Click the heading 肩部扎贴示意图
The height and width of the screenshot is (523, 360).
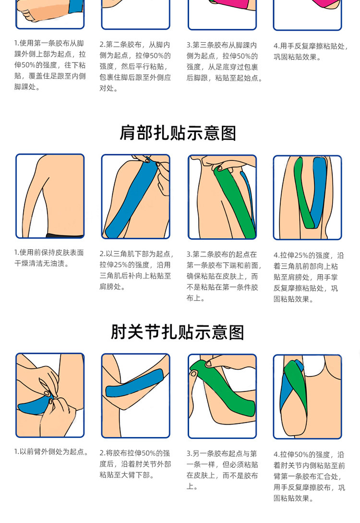178,133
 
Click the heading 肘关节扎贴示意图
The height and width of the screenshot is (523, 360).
178,332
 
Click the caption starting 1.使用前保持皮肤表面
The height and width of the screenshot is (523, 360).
49,258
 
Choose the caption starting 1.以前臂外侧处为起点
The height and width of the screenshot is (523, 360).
52,451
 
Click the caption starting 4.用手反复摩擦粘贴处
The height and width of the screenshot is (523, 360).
311,51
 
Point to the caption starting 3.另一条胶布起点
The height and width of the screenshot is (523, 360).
222,470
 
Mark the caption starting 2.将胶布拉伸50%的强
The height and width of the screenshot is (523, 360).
135,464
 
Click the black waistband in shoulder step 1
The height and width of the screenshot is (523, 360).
64,235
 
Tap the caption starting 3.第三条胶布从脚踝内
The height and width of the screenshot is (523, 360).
224,61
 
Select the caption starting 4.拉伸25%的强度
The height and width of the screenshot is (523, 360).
309,277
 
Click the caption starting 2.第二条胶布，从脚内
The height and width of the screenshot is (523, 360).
135,66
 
